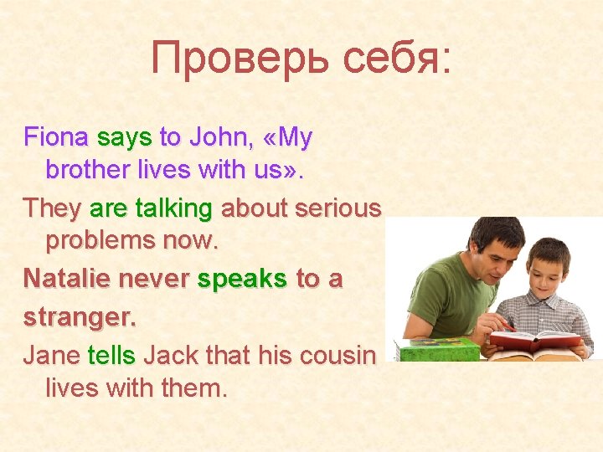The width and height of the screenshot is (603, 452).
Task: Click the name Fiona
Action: (x=57, y=137)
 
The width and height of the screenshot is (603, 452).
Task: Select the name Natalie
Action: (x=67, y=278)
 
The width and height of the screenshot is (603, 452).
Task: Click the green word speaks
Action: (x=242, y=278)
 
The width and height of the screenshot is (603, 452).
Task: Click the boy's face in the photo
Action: (x=549, y=276)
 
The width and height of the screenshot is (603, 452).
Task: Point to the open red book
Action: (x=537, y=339)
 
